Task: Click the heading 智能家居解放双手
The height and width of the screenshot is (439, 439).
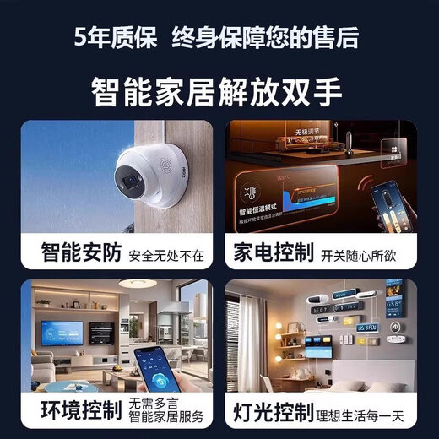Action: click(219, 89)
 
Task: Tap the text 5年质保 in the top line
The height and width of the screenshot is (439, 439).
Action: click(115, 35)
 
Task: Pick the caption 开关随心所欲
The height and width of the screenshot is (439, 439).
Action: click(358, 253)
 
